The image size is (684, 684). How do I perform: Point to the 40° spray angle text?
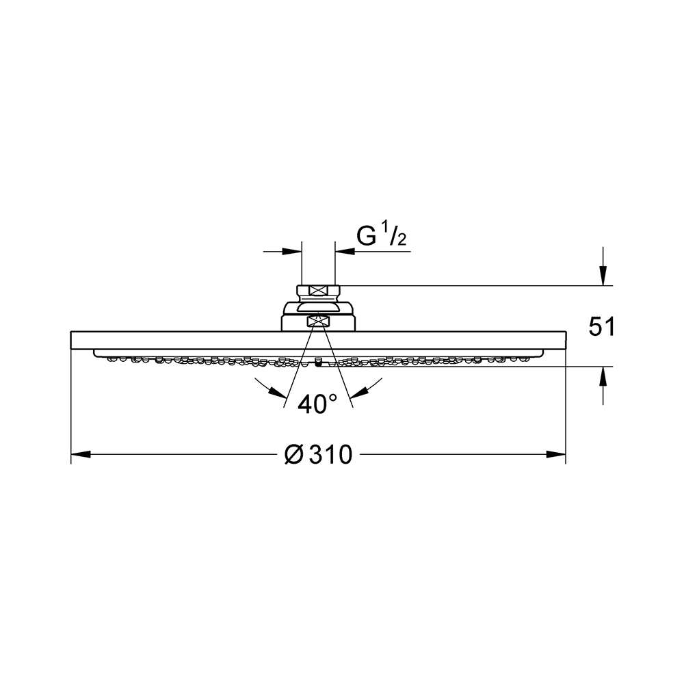317,404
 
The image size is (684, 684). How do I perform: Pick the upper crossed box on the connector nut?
318,291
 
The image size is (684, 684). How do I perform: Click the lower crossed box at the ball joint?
318,320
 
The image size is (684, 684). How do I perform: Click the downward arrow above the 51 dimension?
602,276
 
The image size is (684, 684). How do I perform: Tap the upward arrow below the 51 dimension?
602,376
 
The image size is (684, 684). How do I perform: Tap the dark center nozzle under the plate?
318,364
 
